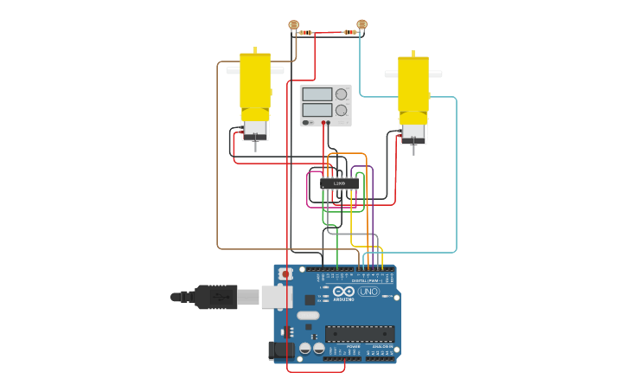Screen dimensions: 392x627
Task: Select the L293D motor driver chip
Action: pyautogui.click(x=339, y=183)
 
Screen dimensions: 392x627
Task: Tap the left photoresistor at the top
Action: pyautogui.click(x=293, y=25)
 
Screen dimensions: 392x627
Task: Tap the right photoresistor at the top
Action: pyautogui.click(x=361, y=24)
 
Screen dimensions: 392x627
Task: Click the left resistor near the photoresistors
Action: pyautogui.click(x=306, y=33)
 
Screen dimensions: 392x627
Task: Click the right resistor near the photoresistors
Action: pyautogui.click(x=349, y=33)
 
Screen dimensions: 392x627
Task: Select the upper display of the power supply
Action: pyautogui.click(x=317, y=93)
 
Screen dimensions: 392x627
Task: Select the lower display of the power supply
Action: pyautogui.click(x=317, y=110)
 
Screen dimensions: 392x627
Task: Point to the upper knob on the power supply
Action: pyautogui.click(x=342, y=93)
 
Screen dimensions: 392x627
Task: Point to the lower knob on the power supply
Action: pyautogui.click(x=342, y=110)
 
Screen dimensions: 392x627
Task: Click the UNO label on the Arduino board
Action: pyautogui.click(x=369, y=291)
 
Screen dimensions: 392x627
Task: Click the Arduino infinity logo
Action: pyautogui.click(x=343, y=292)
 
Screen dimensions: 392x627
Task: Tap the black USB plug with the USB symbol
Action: pyautogui.click(x=216, y=297)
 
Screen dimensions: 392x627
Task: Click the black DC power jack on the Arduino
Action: pyautogui.click(x=280, y=350)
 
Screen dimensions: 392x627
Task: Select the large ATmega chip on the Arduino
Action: pyautogui.click(x=360, y=333)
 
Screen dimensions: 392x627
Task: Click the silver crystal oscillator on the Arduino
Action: pyautogui.click(x=308, y=316)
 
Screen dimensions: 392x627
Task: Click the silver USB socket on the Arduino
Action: pyautogui.click(x=276, y=297)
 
